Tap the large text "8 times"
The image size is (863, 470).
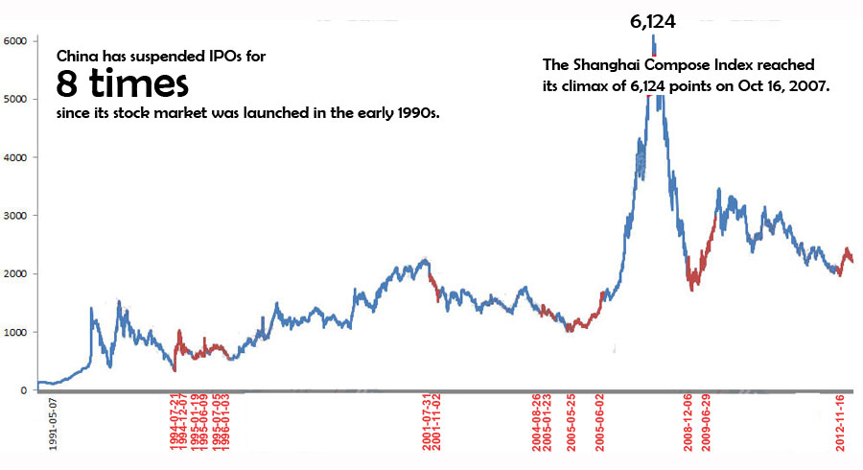(x=121, y=85)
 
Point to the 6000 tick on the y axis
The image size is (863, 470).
(x=14, y=41)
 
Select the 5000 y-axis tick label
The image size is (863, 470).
(x=14, y=100)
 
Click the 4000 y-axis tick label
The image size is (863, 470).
(x=14, y=157)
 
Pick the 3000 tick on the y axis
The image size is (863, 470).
(x=14, y=216)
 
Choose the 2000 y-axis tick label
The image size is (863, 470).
(x=14, y=274)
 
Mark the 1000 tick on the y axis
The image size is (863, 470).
(x=14, y=333)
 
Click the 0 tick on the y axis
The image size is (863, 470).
(x=20, y=391)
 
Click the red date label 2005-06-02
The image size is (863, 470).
(x=600, y=423)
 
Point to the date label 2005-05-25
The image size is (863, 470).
(x=571, y=423)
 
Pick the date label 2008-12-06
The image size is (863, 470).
(x=688, y=423)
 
